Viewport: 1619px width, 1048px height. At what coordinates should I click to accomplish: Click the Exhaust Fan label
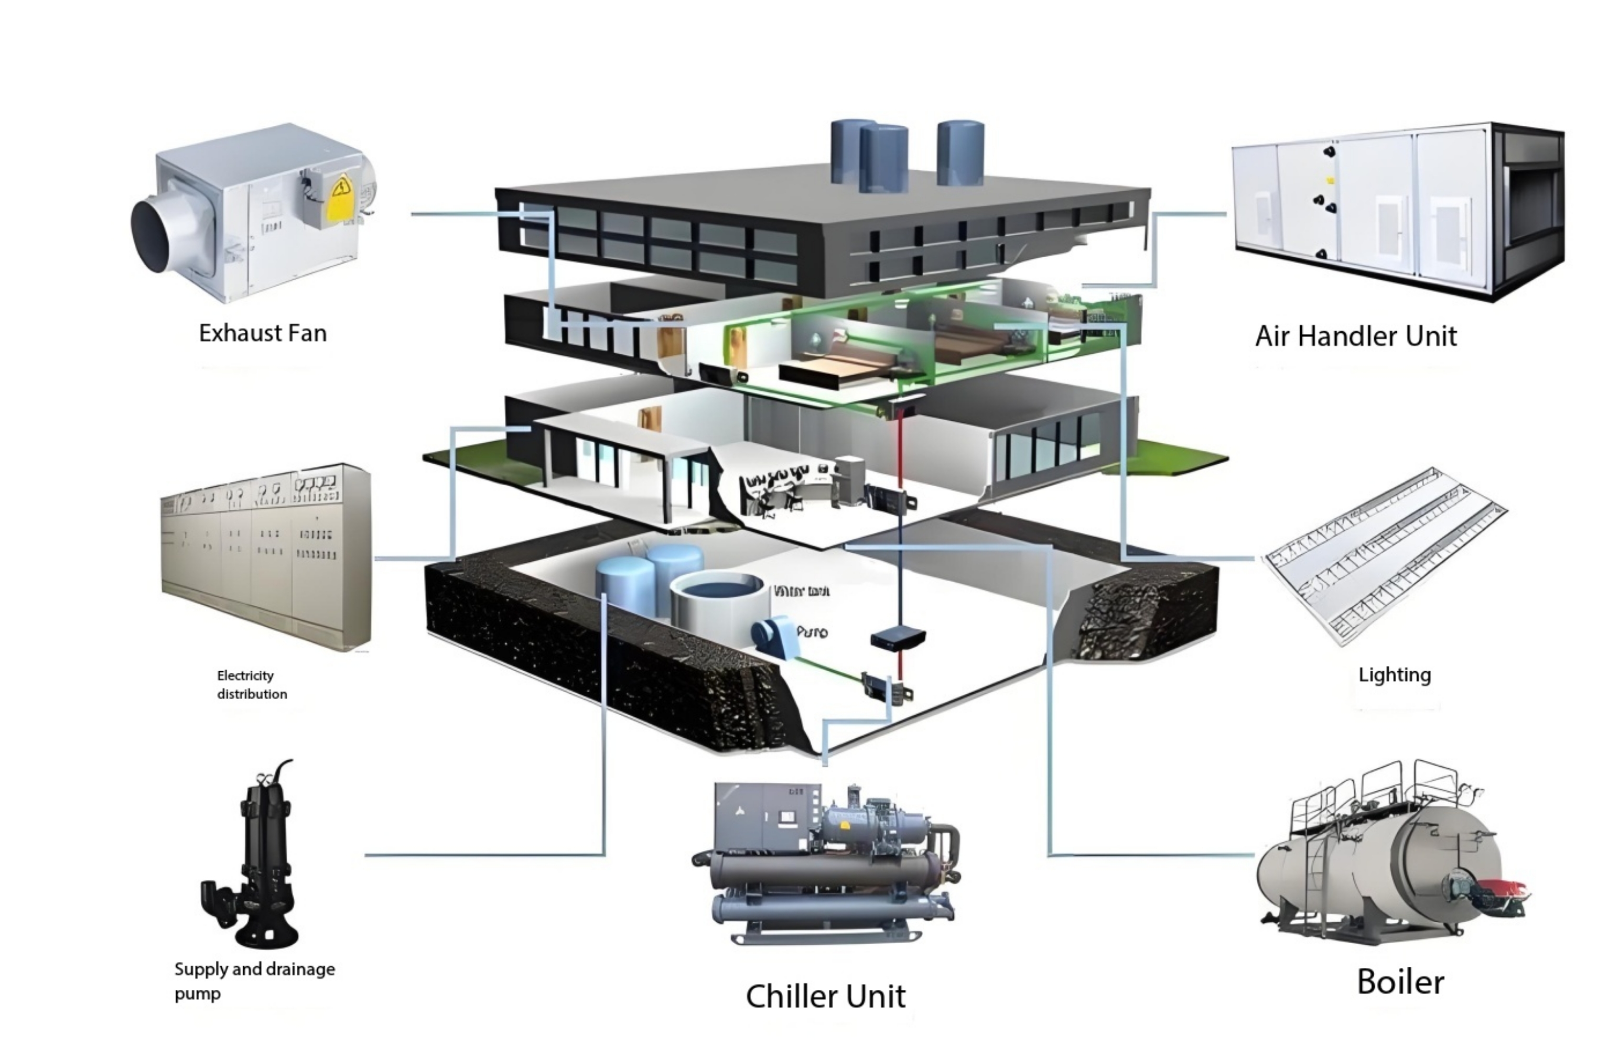coord(263,333)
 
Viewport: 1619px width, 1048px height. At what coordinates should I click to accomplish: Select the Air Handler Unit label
coord(1355,336)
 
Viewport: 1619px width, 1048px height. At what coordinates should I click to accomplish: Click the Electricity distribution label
coord(251,684)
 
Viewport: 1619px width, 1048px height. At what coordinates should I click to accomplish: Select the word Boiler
coord(1400,982)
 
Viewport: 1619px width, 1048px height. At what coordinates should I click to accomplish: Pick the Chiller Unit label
coord(825,996)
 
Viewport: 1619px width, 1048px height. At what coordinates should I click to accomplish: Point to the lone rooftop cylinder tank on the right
coord(960,152)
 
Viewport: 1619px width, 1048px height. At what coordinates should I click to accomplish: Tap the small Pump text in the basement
coord(812,632)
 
